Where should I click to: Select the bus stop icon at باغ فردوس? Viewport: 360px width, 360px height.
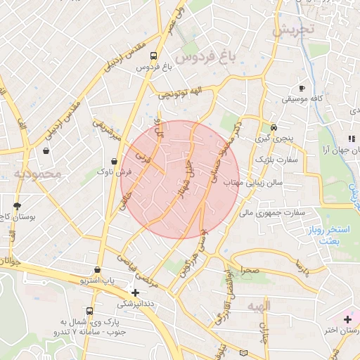click(x=154, y=56)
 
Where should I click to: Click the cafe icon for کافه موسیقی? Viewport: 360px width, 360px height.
click(x=302, y=89)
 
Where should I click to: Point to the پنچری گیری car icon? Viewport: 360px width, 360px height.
click(x=274, y=128)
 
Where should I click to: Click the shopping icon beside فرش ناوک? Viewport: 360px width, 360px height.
click(x=114, y=161)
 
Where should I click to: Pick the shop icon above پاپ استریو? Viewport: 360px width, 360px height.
click(x=96, y=270)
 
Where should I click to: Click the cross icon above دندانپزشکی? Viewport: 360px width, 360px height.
click(x=136, y=292)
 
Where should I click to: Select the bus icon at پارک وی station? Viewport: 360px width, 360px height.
click(x=89, y=311)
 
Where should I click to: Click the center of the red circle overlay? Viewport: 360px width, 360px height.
click(x=180, y=179)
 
